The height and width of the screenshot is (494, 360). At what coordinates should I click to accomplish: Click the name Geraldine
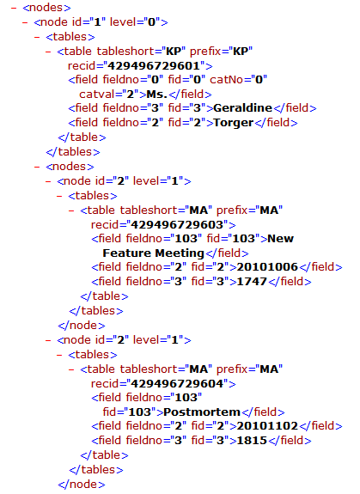(x=242, y=108)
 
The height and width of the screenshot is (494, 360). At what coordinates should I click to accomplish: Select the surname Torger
(x=234, y=123)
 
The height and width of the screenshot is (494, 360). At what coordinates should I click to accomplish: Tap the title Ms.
(x=156, y=95)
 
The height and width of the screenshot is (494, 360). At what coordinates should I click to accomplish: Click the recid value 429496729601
(x=154, y=66)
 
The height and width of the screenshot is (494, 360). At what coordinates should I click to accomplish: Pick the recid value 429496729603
(x=177, y=224)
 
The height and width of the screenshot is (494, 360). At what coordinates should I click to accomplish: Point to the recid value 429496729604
(x=177, y=383)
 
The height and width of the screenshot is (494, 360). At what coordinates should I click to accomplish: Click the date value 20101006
(x=267, y=267)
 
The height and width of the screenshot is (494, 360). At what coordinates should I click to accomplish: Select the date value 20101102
(x=267, y=425)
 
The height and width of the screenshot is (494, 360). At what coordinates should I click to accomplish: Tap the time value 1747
(x=252, y=281)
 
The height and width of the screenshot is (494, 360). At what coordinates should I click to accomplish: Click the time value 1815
(x=252, y=440)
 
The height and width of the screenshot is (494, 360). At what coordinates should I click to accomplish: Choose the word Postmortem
(x=202, y=412)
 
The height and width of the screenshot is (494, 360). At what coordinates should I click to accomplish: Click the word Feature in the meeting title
(x=127, y=253)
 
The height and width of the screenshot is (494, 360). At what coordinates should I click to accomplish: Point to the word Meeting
(x=180, y=253)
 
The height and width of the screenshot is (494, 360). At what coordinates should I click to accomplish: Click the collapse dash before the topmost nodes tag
(x=14, y=8)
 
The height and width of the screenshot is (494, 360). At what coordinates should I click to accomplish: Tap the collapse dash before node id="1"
(x=25, y=22)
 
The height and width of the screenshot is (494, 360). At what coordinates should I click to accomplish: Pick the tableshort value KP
(x=175, y=52)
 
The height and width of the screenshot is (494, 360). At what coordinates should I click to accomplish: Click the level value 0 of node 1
(x=152, y=22)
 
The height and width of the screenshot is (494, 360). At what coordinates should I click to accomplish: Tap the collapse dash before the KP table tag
(x=48, y=52)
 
